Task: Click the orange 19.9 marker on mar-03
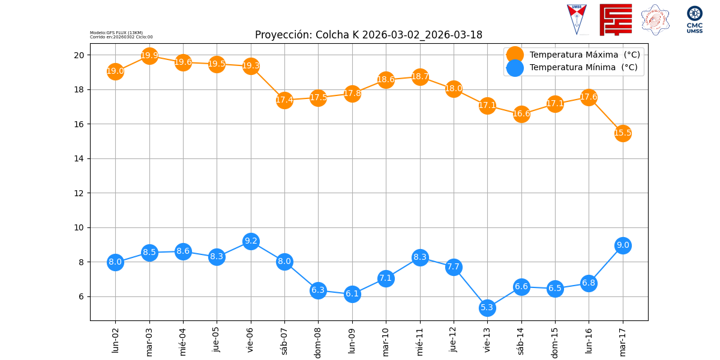tap(149, 56)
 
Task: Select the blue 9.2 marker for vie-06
tap(251, 241)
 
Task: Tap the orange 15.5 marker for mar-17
tap(623, 133)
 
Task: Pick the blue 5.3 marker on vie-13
tap(487, 308)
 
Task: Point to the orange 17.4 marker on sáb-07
tap(284, 100)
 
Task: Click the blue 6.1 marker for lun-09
tap(352, 294)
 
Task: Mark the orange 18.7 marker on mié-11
tap(420, 77)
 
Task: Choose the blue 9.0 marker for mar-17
tap(623, 245)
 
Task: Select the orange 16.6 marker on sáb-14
tap(521, 114)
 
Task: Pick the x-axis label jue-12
tap(454, 340)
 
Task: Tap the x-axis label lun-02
tap(116, 340)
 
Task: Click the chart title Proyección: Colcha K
tap(368, 35)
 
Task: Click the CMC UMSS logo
tap(694, 19)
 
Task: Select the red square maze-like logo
tap(616, 19)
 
